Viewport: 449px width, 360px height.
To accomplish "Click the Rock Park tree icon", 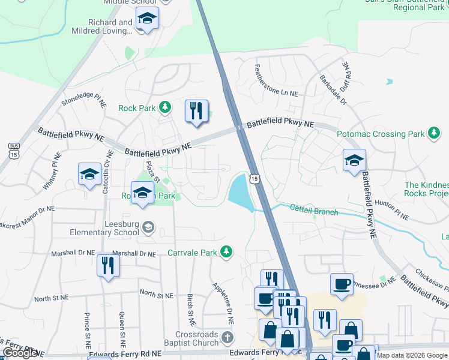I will pos(165,108).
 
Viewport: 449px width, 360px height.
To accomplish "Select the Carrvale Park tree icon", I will pos(226,253).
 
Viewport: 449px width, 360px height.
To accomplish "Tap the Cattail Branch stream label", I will pos(314,211).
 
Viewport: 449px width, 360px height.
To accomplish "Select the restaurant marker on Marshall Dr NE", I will pos(108,266).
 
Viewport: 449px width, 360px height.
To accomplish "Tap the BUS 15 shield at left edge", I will pos(14,150).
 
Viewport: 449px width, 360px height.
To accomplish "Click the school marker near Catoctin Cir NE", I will pos(90,175).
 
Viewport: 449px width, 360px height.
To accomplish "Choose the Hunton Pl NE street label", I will pos(393,209).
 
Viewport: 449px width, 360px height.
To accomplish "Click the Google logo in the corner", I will pos(19,353).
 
